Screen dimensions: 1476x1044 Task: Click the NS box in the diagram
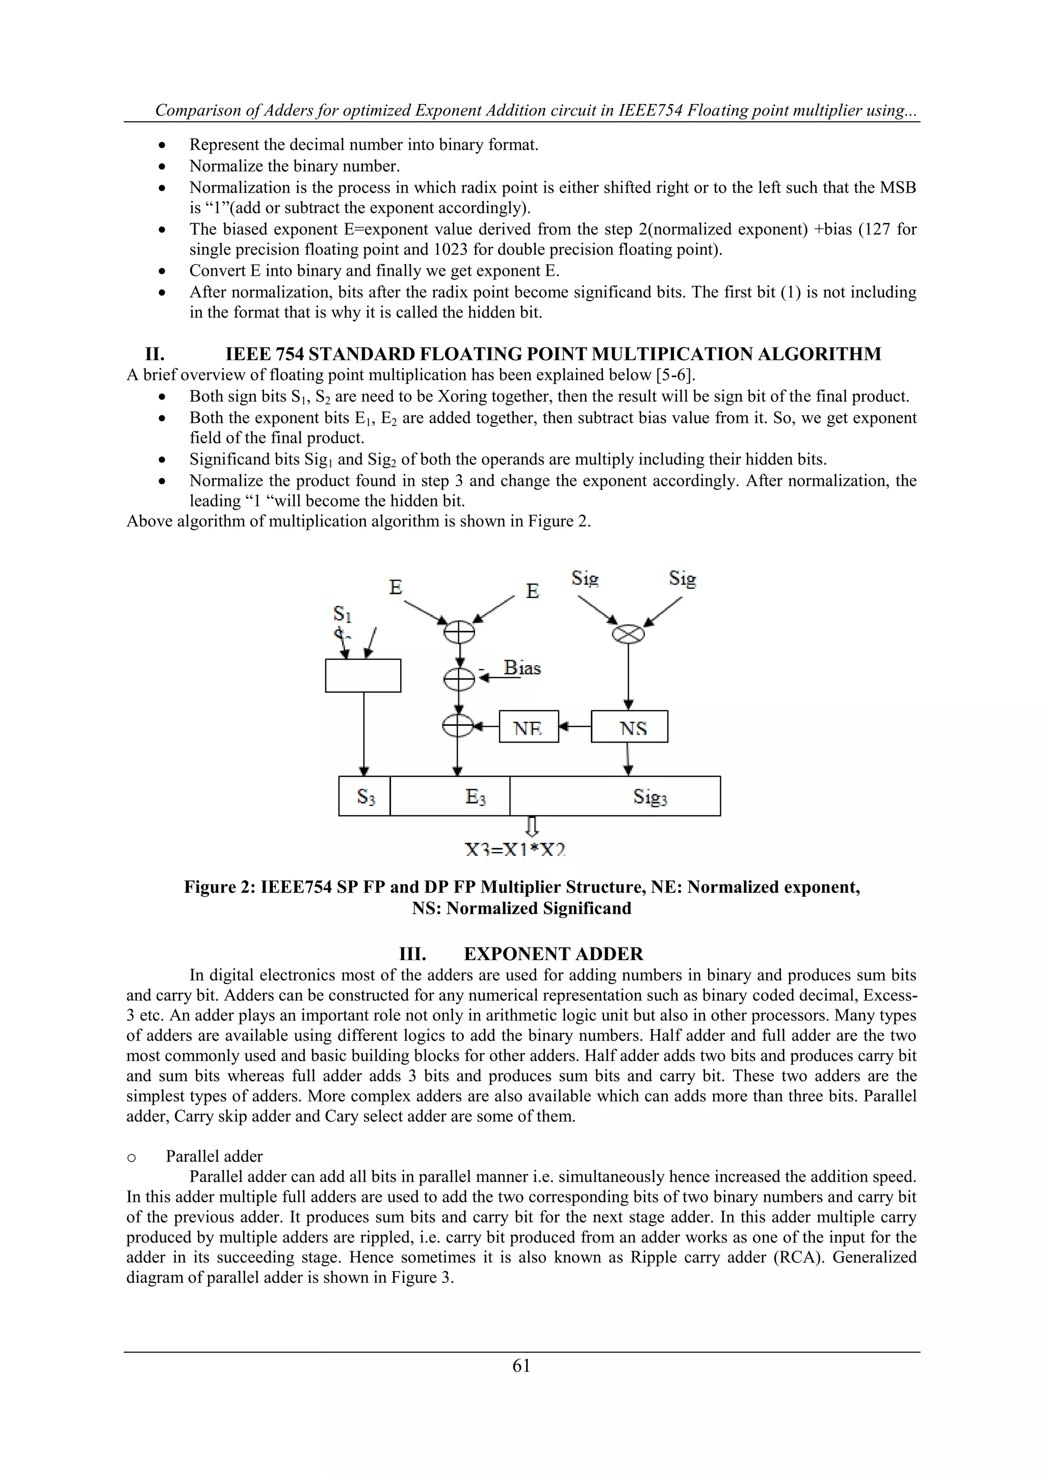pyautogui.click(x=630, y=727)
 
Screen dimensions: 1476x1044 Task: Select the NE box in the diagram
pyautogui.click(x=529, y=727)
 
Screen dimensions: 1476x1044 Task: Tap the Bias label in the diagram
pyautogui.click(x=522, y=668)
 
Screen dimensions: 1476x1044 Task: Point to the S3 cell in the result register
pyautogui.click(x=364, y=797)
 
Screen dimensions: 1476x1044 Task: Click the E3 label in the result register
pyautogui.click(x=475, y=797)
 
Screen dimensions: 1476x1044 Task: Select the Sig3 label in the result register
pyautogui.click(x=650, y=797)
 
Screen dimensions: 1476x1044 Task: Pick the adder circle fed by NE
pyautogui.click(x=458, y=726)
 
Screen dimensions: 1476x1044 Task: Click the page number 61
pyautogui.click(x=521, y=1365)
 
